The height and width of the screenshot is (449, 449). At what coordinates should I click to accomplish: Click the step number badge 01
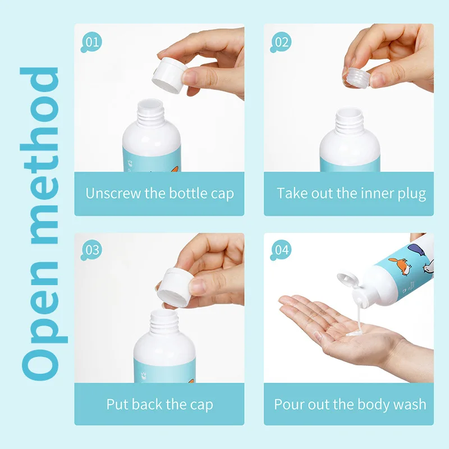point(91,42)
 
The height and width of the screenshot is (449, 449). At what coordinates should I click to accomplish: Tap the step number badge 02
point(281,42)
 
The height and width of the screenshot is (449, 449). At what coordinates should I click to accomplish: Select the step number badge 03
point(91,250)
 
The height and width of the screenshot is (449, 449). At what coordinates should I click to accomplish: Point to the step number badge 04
point(281,250)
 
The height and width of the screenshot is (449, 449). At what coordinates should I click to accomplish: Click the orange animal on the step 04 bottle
point(400,265)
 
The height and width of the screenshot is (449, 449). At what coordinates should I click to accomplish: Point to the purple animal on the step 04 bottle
point(419,249)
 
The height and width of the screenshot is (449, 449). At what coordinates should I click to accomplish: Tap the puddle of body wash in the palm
point(355,333)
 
